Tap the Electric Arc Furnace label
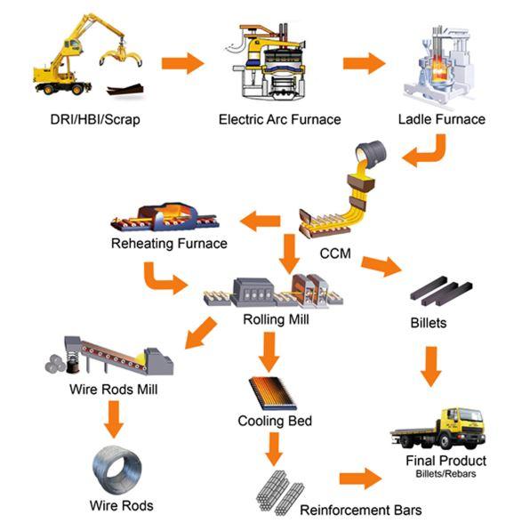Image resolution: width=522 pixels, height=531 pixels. pyautogui.click(x=279, y=119)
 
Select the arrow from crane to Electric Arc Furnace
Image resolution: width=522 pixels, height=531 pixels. pyautogui.click(x=182, y=63)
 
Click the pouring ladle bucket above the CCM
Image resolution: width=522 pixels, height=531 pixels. pyautogui.click(x=371, y=154)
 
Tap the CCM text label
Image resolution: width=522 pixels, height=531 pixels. pyautogui.click(x=335, y=253)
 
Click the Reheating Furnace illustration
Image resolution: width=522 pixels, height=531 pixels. pyautogui.click(x=165, y=217)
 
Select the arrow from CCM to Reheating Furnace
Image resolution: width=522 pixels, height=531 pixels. pyautogui.click(x=260, y=221)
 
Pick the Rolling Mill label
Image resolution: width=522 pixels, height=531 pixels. pyautogui.click(x=276, y=319)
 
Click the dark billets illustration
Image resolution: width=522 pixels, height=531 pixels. pyautogui.click(x=441, y=291)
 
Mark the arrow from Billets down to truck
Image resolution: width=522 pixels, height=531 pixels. pyautogui.click(x=431, y=366)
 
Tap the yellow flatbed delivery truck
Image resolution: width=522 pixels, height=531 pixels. pyautogui.click(x=438, y=428)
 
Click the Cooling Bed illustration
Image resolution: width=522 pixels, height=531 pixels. pyautogui.click(x=272, y=393)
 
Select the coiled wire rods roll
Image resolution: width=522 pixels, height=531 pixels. pyautogui.click(x=117, y=470)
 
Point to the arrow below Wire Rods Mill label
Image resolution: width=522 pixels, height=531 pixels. pyautogui.click(x=114, y=419)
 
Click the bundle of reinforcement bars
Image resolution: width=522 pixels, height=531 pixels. pyautogui.click(x=279, y=493)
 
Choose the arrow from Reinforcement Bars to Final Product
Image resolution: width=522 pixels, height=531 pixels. pyautogui.click(x=361, y=479)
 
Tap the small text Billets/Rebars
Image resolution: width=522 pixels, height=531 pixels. pyautogui.click(x=446, y=473)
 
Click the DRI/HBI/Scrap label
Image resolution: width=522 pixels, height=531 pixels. pyautogui.click(x=95, y=119)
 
